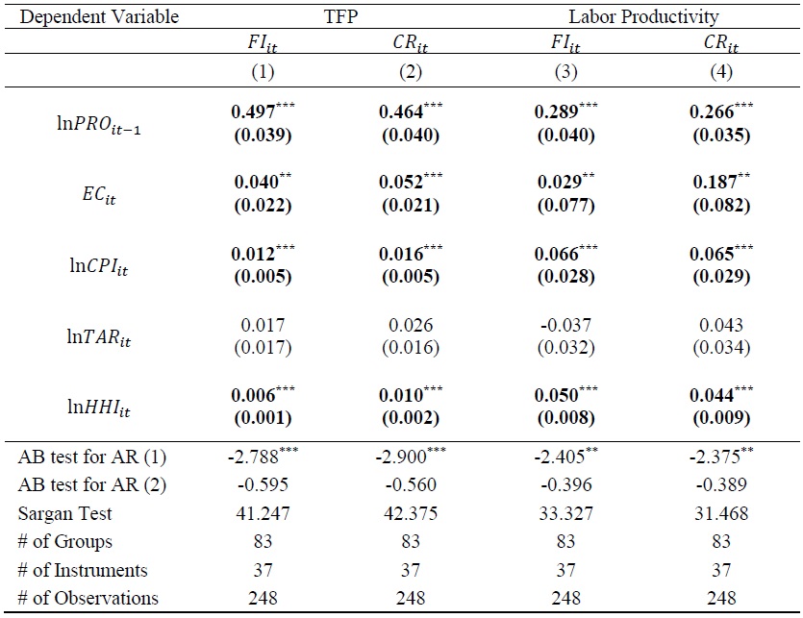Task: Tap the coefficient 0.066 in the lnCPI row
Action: [x=558, y=255]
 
